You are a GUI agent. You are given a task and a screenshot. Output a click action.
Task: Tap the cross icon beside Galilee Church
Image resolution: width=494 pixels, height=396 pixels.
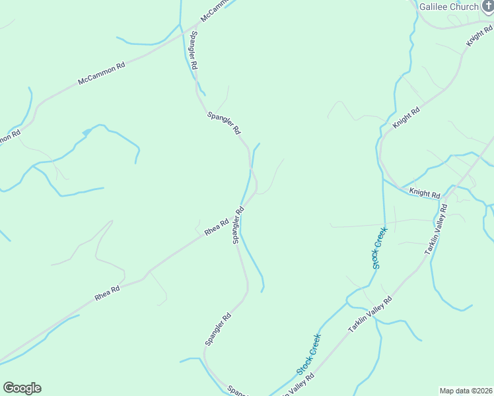pos(487,6)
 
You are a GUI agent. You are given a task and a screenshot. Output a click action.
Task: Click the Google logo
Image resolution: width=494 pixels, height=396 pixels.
pos(22,388)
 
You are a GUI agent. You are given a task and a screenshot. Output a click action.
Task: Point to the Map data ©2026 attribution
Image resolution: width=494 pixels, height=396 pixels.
pos(465,391)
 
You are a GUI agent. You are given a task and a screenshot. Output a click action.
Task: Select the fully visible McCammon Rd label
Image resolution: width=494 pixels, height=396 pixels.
pos(101,74)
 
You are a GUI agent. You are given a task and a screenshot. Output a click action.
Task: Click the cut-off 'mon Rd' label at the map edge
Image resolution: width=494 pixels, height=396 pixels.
pos(9,137)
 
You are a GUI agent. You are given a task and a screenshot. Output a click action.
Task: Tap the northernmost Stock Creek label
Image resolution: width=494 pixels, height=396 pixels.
pos(378,248)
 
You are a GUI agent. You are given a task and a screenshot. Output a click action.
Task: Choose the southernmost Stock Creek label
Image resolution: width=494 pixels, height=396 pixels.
pos(309,354)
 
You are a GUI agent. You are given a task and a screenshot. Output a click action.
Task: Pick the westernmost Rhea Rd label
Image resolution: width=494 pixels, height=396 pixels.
pos(107,293)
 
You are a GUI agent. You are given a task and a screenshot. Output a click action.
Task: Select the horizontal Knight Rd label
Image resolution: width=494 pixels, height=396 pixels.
pos(424,193)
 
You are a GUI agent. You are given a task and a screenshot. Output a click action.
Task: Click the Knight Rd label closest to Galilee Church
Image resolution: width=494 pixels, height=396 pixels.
pos(480,35)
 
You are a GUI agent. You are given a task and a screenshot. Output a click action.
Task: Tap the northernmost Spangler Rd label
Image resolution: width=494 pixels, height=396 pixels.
pos(194,51)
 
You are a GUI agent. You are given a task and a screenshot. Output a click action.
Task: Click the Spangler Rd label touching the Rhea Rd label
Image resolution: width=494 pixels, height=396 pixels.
pos(238,225)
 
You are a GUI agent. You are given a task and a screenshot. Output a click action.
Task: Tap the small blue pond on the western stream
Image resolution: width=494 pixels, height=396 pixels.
pos(86,133)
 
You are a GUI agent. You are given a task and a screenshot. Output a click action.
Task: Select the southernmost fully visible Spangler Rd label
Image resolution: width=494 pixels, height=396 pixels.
pos(218,329)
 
